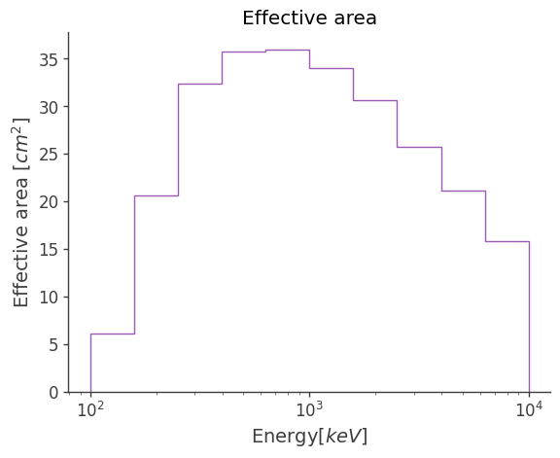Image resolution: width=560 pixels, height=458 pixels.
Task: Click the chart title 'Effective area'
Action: point(309,18)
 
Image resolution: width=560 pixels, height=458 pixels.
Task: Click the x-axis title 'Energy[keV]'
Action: point(309,437)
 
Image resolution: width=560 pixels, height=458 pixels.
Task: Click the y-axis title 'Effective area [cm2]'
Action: point(21,212)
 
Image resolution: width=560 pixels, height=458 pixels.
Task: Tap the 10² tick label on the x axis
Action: point(90,409)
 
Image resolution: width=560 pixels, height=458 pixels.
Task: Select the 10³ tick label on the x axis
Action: point(309,409)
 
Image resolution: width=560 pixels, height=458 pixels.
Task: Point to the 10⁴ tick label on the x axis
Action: point(529,409)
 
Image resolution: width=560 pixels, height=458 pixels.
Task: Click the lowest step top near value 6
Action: point(112,334)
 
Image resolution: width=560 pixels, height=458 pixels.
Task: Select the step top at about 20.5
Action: point(156,195)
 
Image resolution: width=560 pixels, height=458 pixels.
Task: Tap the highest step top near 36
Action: point(287,50)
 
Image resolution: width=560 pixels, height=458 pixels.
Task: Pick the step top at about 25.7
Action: point(419,147)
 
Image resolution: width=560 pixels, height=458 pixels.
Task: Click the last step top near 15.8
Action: point(507,241)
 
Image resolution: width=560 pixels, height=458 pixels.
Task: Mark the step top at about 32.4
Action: point(199,84)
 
